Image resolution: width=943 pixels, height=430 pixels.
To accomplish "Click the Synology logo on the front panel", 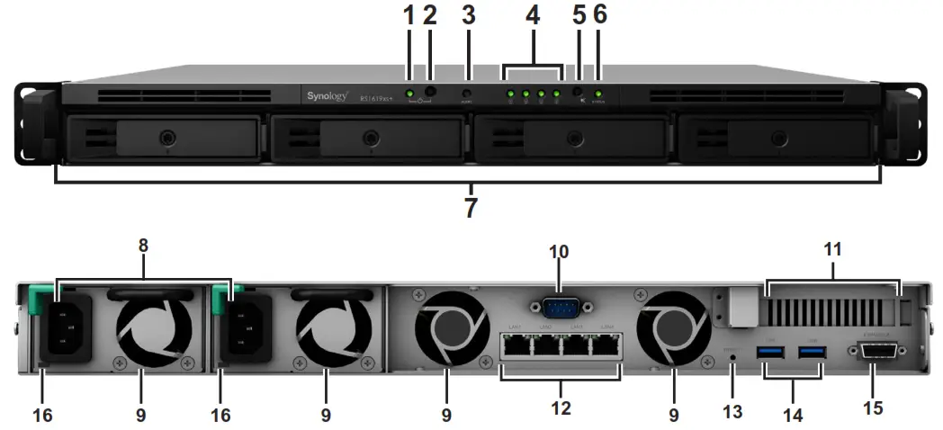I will coord(327,95).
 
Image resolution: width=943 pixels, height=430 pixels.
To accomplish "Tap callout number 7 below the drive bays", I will coord(471,207).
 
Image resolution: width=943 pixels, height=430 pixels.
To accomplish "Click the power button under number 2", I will coord(430,92).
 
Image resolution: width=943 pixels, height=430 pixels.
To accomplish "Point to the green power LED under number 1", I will coord(409,93).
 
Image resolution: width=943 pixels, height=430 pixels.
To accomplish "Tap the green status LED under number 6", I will coord(598,93).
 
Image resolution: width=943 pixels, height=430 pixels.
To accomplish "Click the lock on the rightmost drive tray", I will coord(778,138).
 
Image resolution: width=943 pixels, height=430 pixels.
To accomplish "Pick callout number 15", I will coord(873,408).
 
